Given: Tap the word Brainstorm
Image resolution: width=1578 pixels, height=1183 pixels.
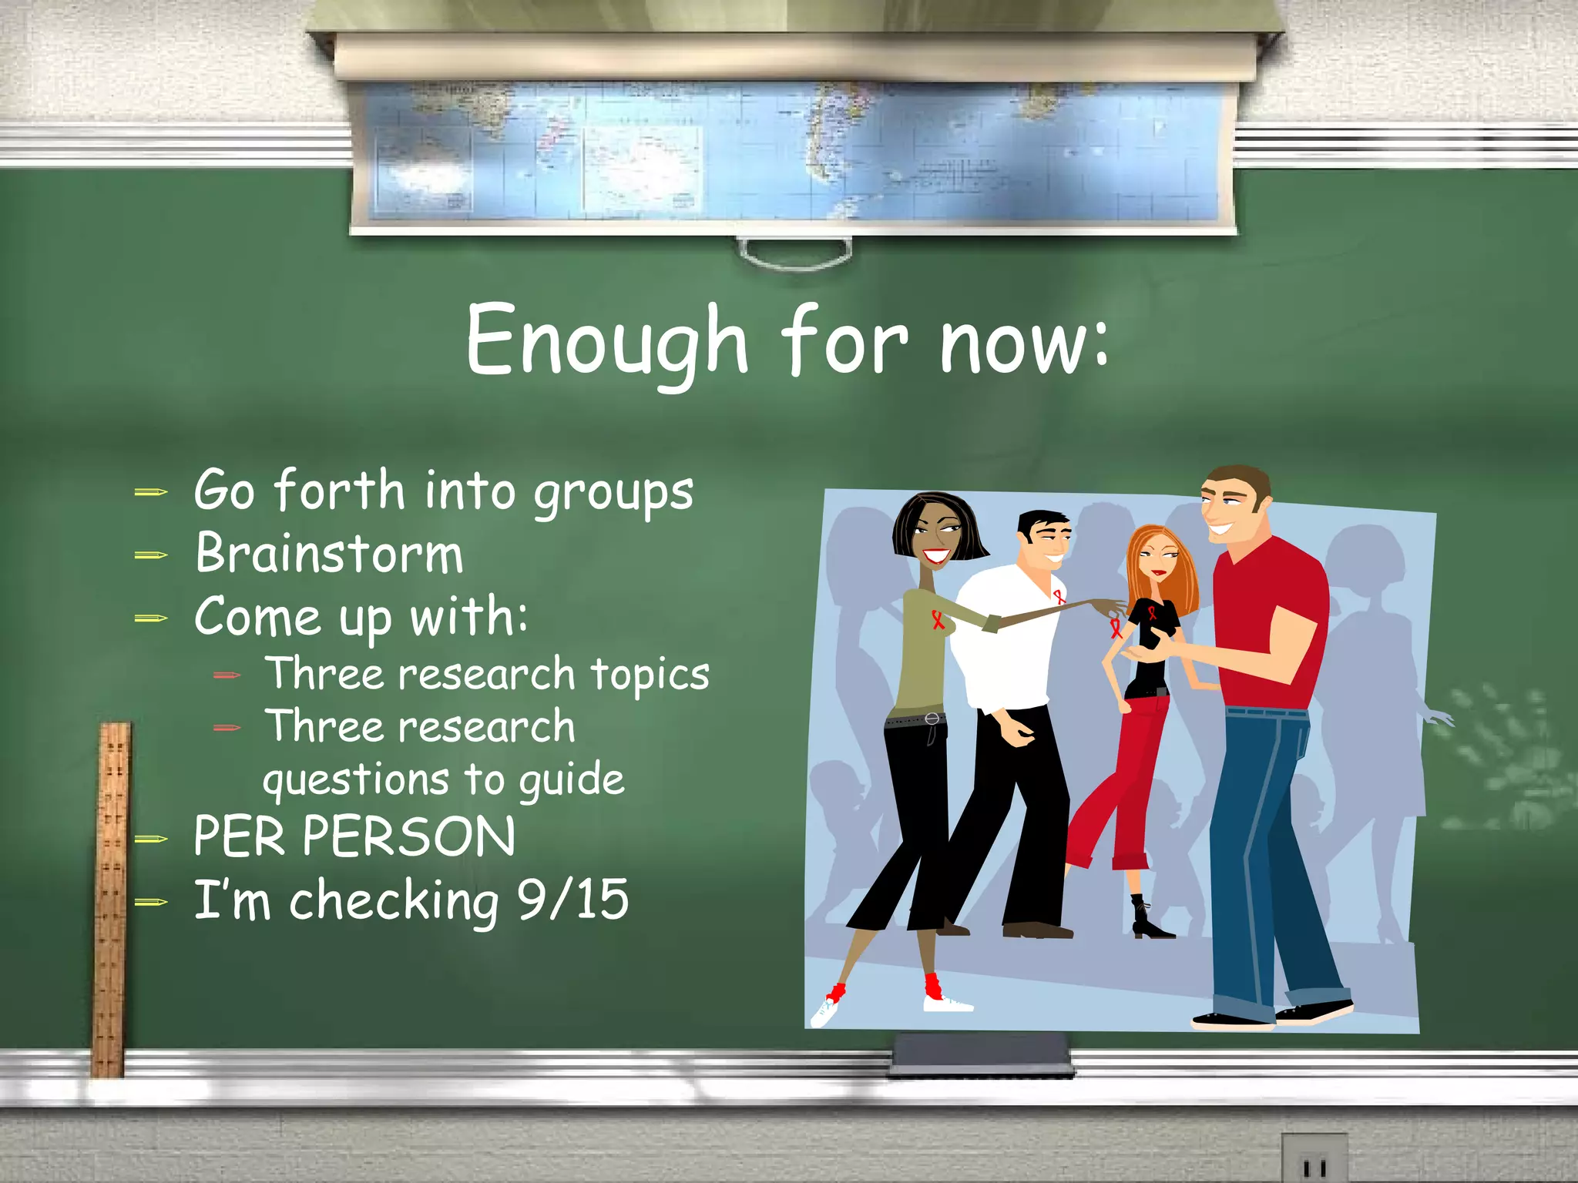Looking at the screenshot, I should point(329,554).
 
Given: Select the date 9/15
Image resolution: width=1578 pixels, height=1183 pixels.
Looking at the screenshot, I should point(572,899).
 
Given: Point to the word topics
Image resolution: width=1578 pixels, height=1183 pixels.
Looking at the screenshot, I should point(650,675).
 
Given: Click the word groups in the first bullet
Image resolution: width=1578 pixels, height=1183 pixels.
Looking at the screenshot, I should point(613,493).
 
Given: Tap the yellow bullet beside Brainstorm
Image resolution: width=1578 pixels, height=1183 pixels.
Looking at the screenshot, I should point(151,555).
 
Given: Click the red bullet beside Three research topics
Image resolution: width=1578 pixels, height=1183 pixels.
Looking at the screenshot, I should point(227,675).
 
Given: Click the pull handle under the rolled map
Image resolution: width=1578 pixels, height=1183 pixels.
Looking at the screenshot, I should point(794,255).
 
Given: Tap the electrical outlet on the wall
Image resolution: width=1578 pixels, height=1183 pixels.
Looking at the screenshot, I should point(1314,1159).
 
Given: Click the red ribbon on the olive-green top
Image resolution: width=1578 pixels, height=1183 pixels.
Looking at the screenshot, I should point(937,619).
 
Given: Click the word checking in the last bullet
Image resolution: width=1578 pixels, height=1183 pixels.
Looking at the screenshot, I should point(393,901).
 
